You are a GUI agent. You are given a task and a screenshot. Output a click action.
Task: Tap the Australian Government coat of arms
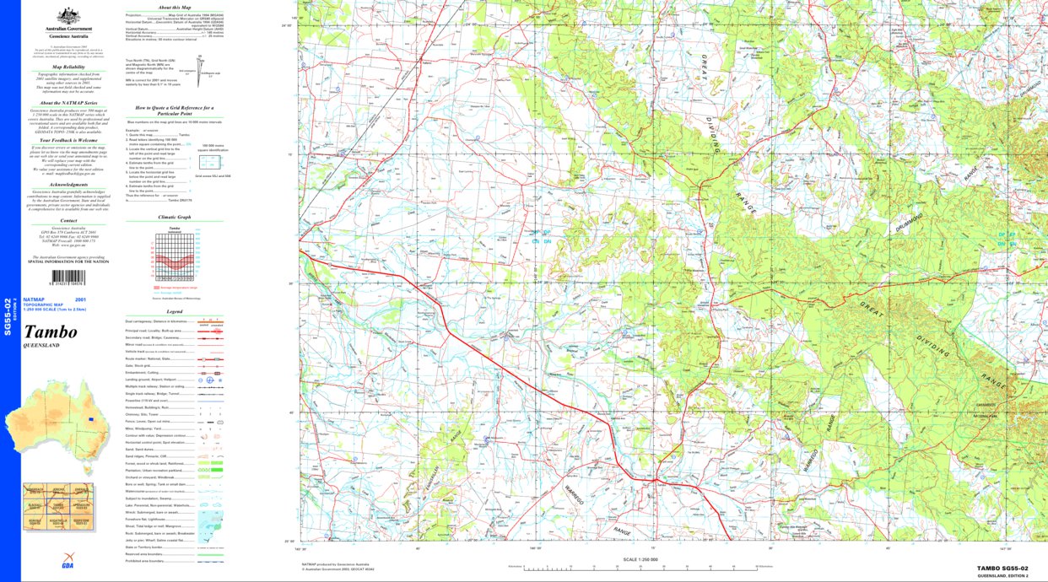pos(69,16)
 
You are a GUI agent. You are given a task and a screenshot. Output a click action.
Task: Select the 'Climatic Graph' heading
pos(174,217)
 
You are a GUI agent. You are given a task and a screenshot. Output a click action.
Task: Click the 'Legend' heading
pos(174,311)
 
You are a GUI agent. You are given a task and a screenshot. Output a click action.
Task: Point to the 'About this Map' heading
pos(174,7)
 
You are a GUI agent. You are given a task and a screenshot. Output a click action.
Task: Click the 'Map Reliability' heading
pos(69,66)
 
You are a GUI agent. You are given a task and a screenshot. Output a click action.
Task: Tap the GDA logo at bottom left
pos(67,565)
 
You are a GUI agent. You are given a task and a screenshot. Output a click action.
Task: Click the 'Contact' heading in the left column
pos(69,220)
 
